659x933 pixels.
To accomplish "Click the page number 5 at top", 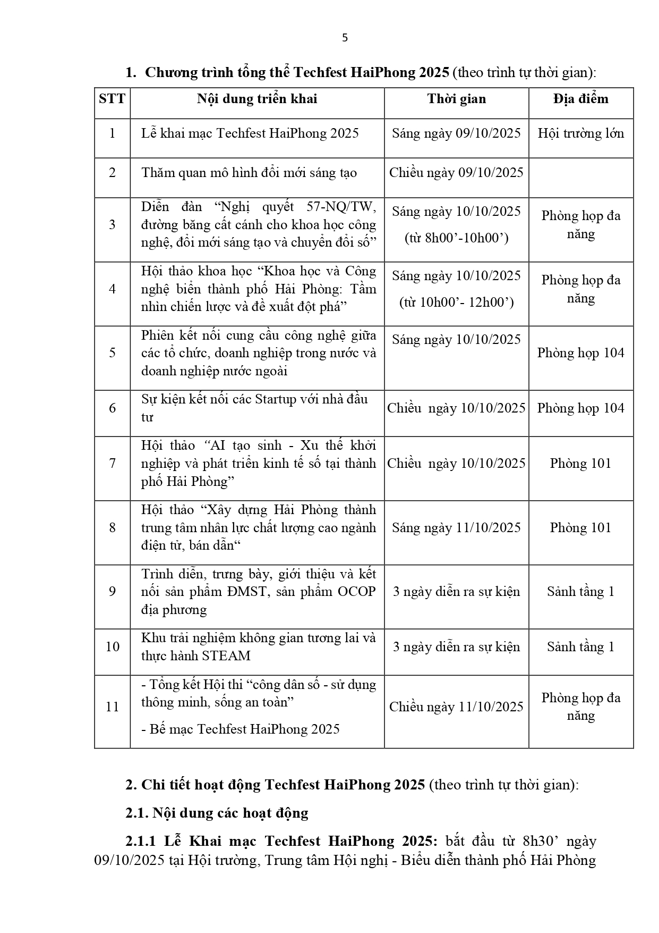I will [345, 38].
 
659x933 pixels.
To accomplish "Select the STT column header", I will [112, 99].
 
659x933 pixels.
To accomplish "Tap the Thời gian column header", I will [456, 99].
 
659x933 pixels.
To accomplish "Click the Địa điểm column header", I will [580, 99].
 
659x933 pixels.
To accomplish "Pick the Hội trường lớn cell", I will [580, 133].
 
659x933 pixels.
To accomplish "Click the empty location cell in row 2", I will [580, 178].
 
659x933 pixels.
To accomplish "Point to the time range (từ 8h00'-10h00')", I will [456, 238].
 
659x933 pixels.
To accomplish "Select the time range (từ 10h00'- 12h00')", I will [456, 302].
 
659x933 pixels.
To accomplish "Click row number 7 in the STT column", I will [112, 463].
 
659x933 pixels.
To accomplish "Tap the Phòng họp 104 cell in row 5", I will [580, 353].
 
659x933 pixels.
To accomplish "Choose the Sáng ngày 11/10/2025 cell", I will [456, 527].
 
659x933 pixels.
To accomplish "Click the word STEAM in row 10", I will [225, 656].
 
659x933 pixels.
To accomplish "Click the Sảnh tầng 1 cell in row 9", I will [580, 592].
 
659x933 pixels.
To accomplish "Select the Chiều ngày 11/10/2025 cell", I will [456, 707].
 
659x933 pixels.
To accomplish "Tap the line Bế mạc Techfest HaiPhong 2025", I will [241, 729].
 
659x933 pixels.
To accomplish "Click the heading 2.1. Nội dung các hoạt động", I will [217, 813].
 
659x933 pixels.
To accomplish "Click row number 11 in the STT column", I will [112, 707].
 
